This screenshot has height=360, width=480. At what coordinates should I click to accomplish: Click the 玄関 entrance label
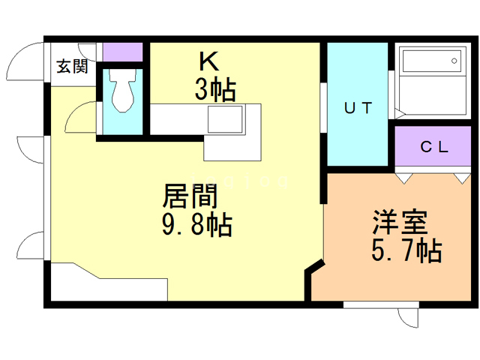coord(72,67)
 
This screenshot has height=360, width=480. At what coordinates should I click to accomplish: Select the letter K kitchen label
coord(208,60)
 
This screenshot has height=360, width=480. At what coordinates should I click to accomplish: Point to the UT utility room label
coord(358,108)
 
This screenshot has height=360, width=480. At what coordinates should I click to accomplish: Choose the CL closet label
coord(433,148)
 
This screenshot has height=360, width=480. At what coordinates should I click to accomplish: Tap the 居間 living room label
coord(190,197)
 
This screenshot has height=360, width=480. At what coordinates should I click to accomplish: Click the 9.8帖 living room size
coord(196,224)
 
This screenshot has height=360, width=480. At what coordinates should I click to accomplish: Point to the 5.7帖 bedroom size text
coord(406,250)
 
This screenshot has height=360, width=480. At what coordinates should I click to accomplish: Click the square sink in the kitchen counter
coord(225,120)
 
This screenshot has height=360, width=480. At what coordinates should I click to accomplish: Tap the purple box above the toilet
coord(122,52)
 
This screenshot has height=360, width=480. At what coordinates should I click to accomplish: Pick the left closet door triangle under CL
coord(403,178)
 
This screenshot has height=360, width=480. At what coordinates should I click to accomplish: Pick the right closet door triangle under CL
coord(459,178)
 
